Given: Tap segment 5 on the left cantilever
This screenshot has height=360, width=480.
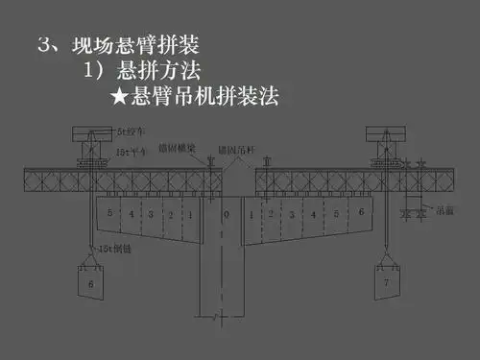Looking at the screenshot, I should point(110,212).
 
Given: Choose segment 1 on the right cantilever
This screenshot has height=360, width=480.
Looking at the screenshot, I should point(252,213).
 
